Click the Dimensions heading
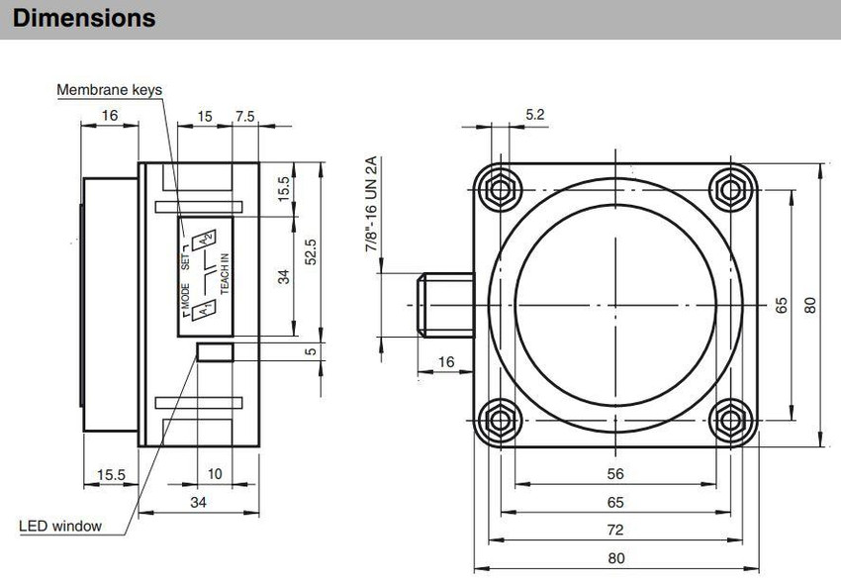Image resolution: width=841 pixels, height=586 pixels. (x=84, y=18)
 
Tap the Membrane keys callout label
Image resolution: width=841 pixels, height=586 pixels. (x=110, y=90)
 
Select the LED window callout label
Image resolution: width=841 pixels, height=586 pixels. (x=60, y=526)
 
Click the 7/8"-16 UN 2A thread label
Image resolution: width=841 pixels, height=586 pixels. (x=371, y=204)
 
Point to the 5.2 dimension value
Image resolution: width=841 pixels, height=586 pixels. (x=534, y=114)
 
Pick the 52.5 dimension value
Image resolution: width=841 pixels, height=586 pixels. (x=310, y=251)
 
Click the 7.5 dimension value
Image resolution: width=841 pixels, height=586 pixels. (x=245, y=116)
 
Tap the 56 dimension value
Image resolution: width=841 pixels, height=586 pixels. (x=615, y=474)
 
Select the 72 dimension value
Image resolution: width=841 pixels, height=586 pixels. (x=615, y=530)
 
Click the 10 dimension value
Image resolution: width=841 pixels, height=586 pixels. (x=215, y=474)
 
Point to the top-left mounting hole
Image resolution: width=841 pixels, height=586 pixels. (x=500, y=189)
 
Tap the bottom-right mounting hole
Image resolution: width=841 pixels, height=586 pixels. (x=730, y=420)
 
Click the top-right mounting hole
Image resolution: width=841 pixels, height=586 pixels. (x=730, y=189)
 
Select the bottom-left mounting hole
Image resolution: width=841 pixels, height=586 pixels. (x=500, y=420)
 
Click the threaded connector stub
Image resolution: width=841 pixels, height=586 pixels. (x=446, y=305)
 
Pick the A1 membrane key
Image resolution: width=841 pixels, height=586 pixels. (x=204, y=310)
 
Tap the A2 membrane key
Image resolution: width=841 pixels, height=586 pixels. (x=205, y=239)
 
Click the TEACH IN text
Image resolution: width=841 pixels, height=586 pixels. (x=225, y=273)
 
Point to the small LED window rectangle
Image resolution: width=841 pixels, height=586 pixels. (x=215, y=352)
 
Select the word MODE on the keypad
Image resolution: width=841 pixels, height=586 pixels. (x=185, y=296)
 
